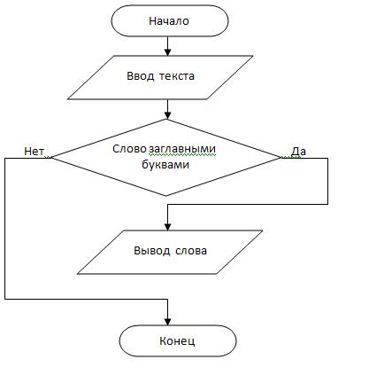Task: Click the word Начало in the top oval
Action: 169,21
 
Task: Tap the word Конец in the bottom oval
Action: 177,340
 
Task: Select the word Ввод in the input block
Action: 141,76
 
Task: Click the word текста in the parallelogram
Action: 177,76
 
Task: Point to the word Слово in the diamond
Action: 129,149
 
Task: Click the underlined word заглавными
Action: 182,149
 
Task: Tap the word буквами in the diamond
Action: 165,164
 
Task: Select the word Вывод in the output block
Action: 152,251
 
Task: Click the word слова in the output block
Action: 191,251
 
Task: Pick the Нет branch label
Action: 34,152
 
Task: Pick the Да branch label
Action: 298,152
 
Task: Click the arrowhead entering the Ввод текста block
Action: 167,52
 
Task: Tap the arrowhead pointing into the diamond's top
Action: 167,115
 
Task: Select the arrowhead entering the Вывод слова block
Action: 167,227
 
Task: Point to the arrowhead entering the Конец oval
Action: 167,322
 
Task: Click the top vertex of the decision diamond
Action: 167,120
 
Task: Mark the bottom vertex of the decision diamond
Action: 166,196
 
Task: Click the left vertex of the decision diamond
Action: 51,158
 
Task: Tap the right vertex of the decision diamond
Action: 281,158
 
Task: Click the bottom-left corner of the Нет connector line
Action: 5,299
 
